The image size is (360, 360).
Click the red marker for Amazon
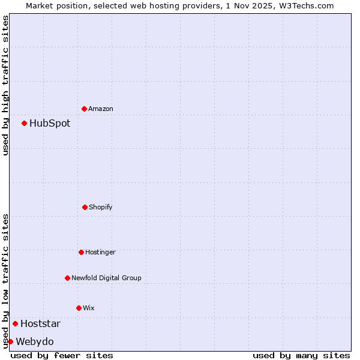pos(85,109)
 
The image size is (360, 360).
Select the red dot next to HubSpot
pos(25,123)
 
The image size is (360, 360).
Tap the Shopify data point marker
pos(85,207)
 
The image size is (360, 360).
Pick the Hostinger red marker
pos(81,252)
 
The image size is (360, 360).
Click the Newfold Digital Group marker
pos(67,278)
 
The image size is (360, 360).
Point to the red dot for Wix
pos(79,308)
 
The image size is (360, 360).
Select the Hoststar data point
pos(16,323)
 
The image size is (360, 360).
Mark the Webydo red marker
pos(10,341)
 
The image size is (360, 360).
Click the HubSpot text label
pos(50,124)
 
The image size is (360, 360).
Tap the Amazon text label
pos(101,109)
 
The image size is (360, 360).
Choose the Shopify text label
pos(101,208)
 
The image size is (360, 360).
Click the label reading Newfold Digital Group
pos(106,278)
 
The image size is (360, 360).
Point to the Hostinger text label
pos(100,253)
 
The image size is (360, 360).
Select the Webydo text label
pos(35,342)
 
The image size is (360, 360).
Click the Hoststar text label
pos(40,324)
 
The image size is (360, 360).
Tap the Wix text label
pos(89,308)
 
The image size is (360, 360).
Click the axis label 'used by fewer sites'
pos(62,355)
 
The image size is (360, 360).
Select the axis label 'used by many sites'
pos(301,355)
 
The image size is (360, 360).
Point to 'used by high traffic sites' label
pos(5,85)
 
